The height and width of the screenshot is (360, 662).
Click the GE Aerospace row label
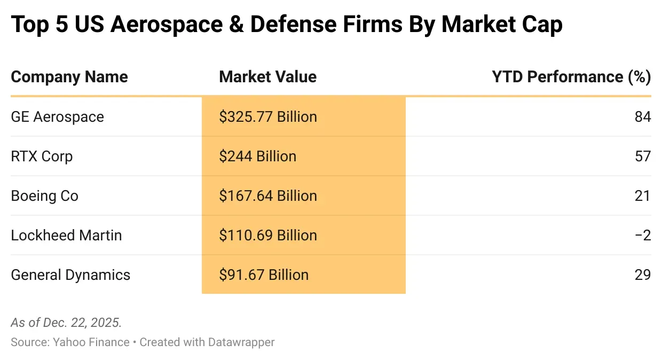tap(57, 117)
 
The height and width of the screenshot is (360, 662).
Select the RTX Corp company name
tap(42, 156)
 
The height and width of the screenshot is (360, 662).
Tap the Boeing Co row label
tap(44, 196)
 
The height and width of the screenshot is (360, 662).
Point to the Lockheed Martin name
tap(66, 236)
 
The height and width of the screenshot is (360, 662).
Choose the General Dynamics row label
tap(70, 275)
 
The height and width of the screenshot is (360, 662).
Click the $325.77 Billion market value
tap(268, 117)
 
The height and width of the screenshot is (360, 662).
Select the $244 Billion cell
tap(257, 156)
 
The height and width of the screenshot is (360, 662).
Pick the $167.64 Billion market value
tap(268, 196)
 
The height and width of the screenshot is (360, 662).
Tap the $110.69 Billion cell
tap(268, 236)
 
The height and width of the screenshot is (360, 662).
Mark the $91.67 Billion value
tap(264, 275)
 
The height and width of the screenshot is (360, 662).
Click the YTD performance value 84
tap(643, 117)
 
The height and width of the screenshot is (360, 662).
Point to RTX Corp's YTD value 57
tap(643, 156)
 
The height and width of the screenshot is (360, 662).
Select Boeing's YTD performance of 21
tap(643, 196)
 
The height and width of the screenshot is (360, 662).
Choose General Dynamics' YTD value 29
tap(643, 275)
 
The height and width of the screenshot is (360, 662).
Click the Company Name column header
tap(69, 77)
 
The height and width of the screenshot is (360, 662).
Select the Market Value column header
tap(267, 77)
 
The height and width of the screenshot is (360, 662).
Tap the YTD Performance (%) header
tap(571, 77)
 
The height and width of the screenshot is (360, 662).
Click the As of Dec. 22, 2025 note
tap(66, 323)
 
